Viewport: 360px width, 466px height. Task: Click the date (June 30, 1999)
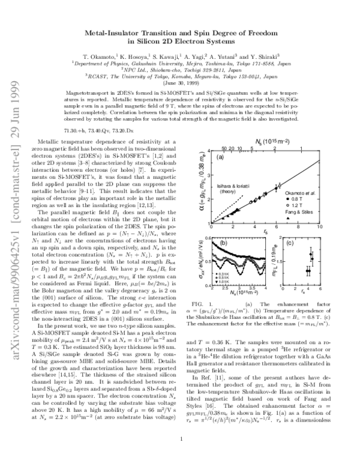click(179, 83)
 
